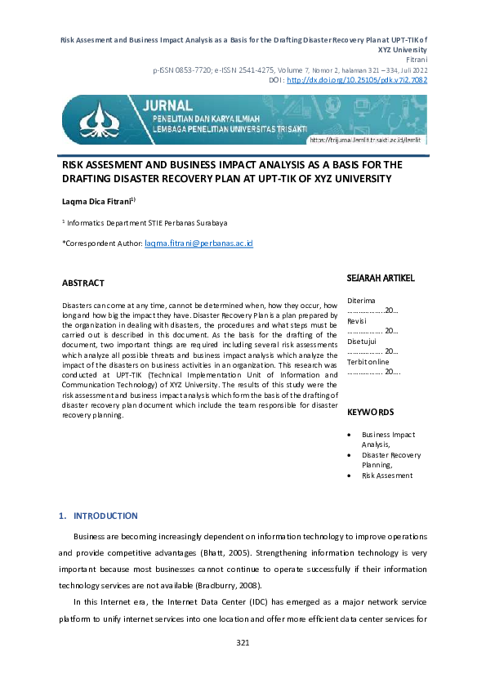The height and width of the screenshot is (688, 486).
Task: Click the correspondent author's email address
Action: click(198, 243)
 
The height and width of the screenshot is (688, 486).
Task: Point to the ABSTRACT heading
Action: click(83, 284)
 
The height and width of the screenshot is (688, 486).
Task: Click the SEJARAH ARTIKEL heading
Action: click(381, 278)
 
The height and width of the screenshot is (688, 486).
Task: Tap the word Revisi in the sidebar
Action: click(357, 321)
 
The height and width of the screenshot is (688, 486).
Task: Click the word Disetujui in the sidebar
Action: click(362, 342)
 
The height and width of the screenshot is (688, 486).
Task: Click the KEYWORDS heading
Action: click(370, 413)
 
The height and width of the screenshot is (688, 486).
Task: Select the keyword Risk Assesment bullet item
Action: click(387, 475)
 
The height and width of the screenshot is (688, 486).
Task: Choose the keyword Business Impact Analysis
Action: click(389, 440)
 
